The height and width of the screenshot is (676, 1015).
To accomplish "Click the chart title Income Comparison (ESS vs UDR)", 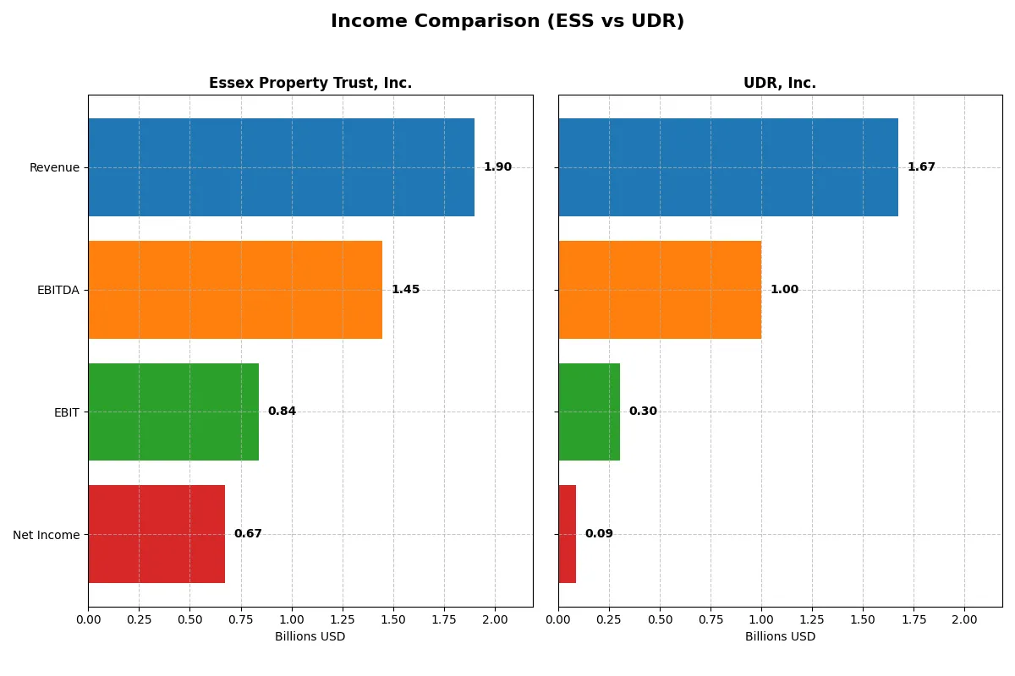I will (507, 22).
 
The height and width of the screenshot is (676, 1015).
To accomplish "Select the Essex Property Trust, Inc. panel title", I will (310, 83).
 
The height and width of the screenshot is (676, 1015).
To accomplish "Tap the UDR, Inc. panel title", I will (779, 83).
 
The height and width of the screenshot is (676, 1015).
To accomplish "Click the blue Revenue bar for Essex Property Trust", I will (281, 167).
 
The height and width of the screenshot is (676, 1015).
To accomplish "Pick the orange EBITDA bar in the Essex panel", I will (235, 290).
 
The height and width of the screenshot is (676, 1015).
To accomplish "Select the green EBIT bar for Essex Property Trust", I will (173, 412).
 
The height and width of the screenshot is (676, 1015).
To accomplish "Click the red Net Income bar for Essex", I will (156, 534).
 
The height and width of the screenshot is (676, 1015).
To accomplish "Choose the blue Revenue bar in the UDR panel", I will (727, 167).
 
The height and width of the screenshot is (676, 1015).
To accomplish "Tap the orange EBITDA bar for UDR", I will (660, 290).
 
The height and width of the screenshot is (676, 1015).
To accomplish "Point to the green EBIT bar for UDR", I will (589, 412).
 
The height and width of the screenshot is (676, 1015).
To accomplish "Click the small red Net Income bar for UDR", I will (568, 534).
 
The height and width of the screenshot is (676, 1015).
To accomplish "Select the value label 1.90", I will (497, 167).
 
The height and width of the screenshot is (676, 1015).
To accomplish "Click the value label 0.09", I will (599, 534).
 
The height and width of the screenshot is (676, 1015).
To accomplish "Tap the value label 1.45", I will (405, 290).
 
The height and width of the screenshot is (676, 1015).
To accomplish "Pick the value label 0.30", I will (643, 412).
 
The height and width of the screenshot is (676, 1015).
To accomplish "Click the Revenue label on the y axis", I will (54, 167).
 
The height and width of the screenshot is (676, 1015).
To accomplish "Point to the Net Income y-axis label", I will (47, 535).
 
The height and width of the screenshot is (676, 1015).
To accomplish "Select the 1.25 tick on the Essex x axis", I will (343, 619).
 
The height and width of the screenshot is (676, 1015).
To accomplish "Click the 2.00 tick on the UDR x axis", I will (964, 619).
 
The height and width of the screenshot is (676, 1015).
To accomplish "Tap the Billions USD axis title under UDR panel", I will (780, 636).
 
